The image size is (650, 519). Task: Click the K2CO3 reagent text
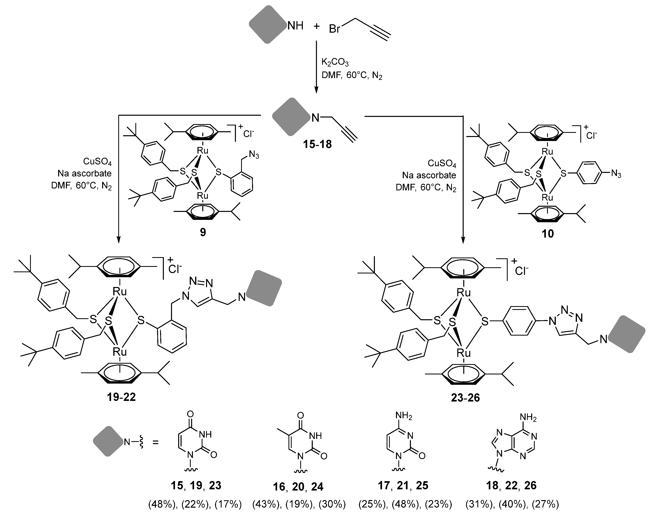pyautogui.click(x=335, y=62)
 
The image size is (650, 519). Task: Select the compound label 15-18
pyautogui.click(x=317, y=144)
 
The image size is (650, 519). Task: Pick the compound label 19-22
pyautogui.click(x=121, y=397)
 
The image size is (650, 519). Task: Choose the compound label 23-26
pyautogui.click(x=465, y=398)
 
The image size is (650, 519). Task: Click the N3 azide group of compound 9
pyautogui.click(x=254, y=155)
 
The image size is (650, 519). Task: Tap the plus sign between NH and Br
pyautogui.click(x=316, y=26)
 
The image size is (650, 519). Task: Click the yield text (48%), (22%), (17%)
pyautogui.click(x=195, y=504)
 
